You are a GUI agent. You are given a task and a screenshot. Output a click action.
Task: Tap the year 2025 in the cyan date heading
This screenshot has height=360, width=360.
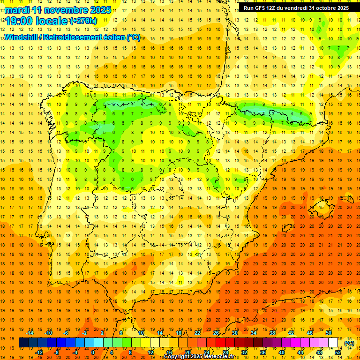(x=99, y=10)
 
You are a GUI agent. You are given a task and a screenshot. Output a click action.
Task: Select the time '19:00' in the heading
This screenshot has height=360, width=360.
(x=18, y=21)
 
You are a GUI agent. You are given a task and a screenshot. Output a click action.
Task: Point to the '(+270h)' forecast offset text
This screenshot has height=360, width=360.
(x=83, y=21)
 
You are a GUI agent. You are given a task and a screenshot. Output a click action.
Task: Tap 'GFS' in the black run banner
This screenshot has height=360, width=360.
(x=261, y=8)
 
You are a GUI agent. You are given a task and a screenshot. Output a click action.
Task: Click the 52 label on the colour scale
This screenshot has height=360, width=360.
(x=338, y=352)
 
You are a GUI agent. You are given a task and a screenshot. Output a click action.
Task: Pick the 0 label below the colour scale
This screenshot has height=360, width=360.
(x=93, y=352)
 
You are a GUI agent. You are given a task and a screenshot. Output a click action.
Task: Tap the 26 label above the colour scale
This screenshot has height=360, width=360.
(x=216, y=333)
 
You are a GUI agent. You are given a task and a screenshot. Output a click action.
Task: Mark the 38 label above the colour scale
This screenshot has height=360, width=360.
(x=272, y=333)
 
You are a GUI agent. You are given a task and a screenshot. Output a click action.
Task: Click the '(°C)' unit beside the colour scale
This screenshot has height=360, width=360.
(x=349, y=343)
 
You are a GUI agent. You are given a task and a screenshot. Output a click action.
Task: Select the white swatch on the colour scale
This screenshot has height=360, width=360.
(x=333, y=343)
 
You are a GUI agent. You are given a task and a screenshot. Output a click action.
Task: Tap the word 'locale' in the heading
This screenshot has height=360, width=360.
(x=51, y=21)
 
